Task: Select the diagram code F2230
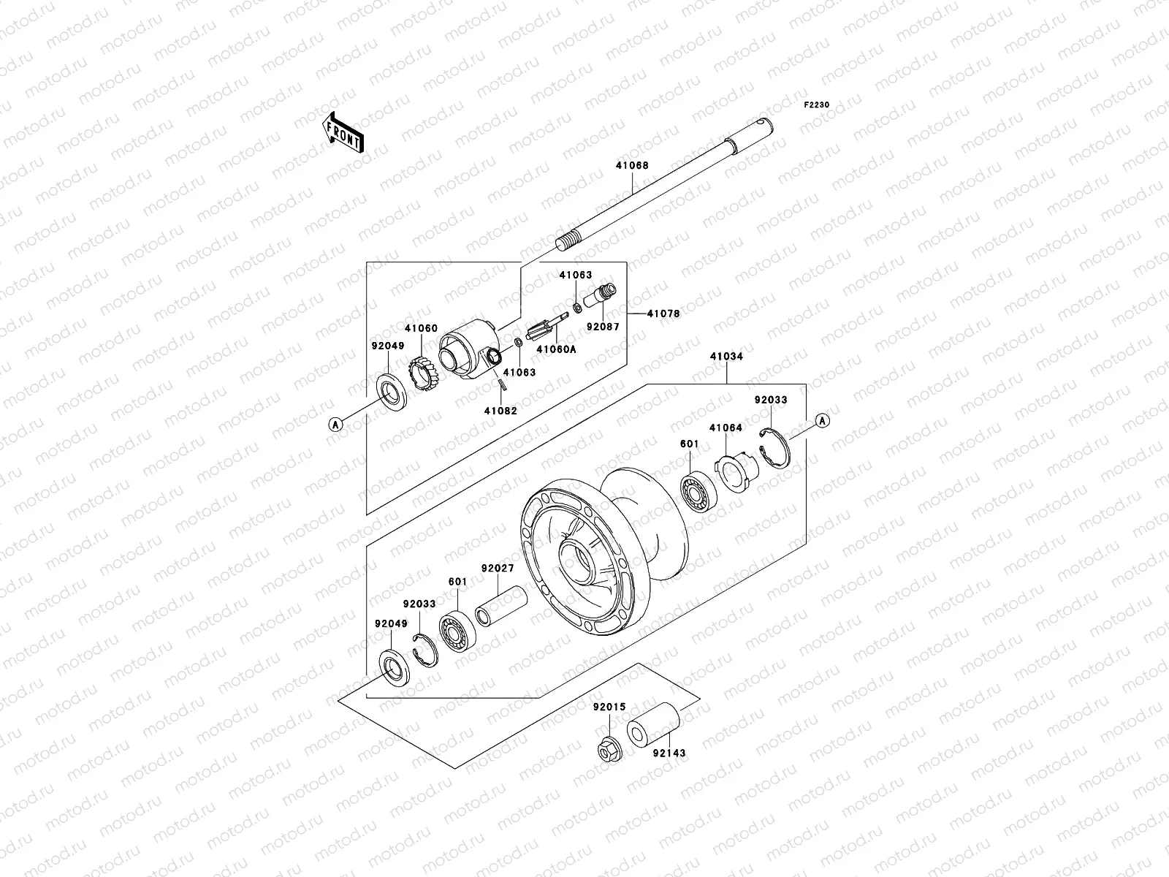[817, 105]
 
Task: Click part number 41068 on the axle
[631, 166]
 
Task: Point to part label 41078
[663, 314]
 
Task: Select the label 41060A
[556, 349]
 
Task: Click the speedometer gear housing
[468, 350]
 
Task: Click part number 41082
[500, 411]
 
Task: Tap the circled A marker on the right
[822, 420]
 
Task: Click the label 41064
[725, 428]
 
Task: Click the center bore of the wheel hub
[577, 563]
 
